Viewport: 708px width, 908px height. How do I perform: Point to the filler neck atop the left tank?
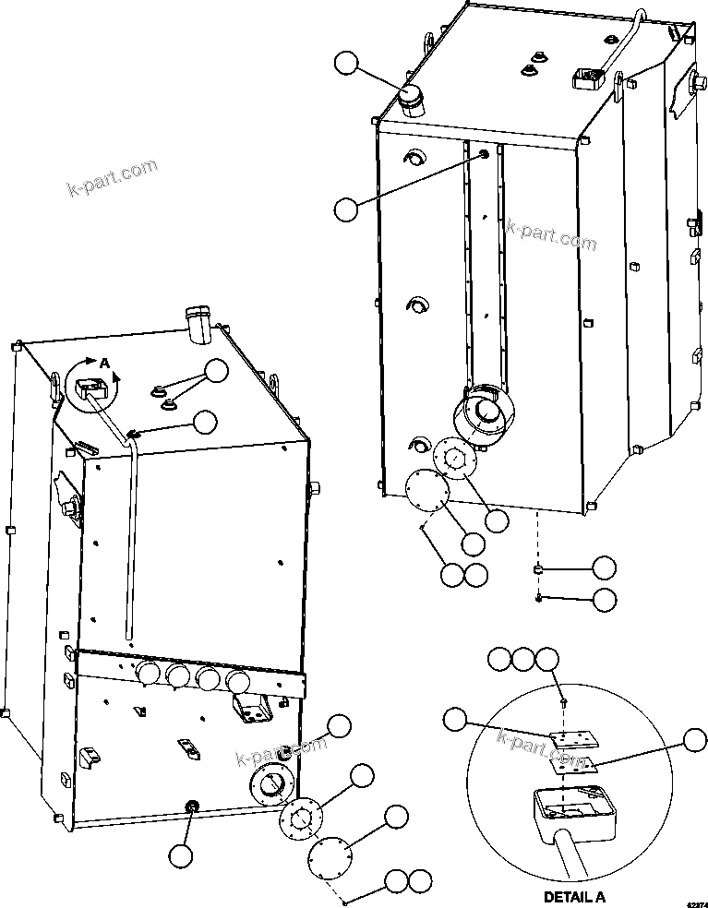(198, 323)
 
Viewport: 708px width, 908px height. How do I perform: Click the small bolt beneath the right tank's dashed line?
(537, 600)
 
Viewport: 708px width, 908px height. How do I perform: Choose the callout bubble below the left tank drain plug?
(182, 855)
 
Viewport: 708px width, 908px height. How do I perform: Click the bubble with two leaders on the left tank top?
(216, 371)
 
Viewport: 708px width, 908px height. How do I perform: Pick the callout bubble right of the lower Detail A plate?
(693, 739)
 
